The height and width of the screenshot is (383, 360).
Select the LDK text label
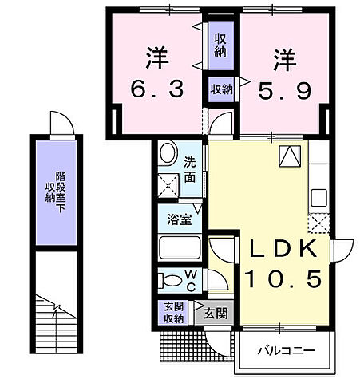point(283,250)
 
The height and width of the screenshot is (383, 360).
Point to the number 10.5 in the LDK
point(283,279)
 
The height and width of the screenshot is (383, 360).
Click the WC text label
point(192,279)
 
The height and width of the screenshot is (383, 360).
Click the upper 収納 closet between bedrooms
point(220,45)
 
